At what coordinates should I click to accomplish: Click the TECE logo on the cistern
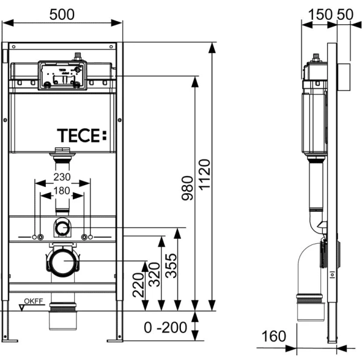point(82,136)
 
